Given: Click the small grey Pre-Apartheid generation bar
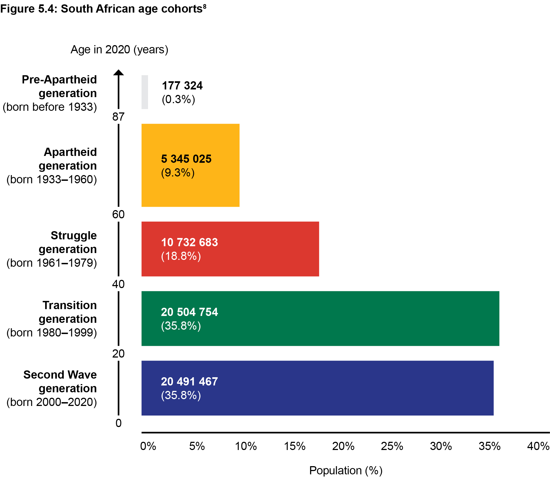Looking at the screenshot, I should click(x=145, y=92).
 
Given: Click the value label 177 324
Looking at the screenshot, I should click(x=182, y=86).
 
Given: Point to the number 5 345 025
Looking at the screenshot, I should click(x=186, y=159).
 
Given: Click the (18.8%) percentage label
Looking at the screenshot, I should click(x=181, y=256).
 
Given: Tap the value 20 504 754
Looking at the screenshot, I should click(x=189, y=312).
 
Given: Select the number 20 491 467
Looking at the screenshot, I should click(x=189, y=382).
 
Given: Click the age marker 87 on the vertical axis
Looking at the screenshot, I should click(x=118, y=117).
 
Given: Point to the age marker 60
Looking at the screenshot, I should click(x=118, y=214).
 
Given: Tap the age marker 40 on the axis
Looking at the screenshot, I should click(x=118, y=284).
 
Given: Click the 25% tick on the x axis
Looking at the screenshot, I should click(x=392, y=446).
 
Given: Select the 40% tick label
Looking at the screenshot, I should click(x=538, y=446).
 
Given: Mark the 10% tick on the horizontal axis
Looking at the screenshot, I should click(x=246, y=446).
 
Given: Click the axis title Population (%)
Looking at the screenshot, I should click(x=346, y=471).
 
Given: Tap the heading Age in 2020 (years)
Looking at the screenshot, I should click(x=119, y=50).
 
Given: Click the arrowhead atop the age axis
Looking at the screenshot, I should click(x=118, y=72).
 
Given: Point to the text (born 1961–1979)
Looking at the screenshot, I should click(x=52, y=263).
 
